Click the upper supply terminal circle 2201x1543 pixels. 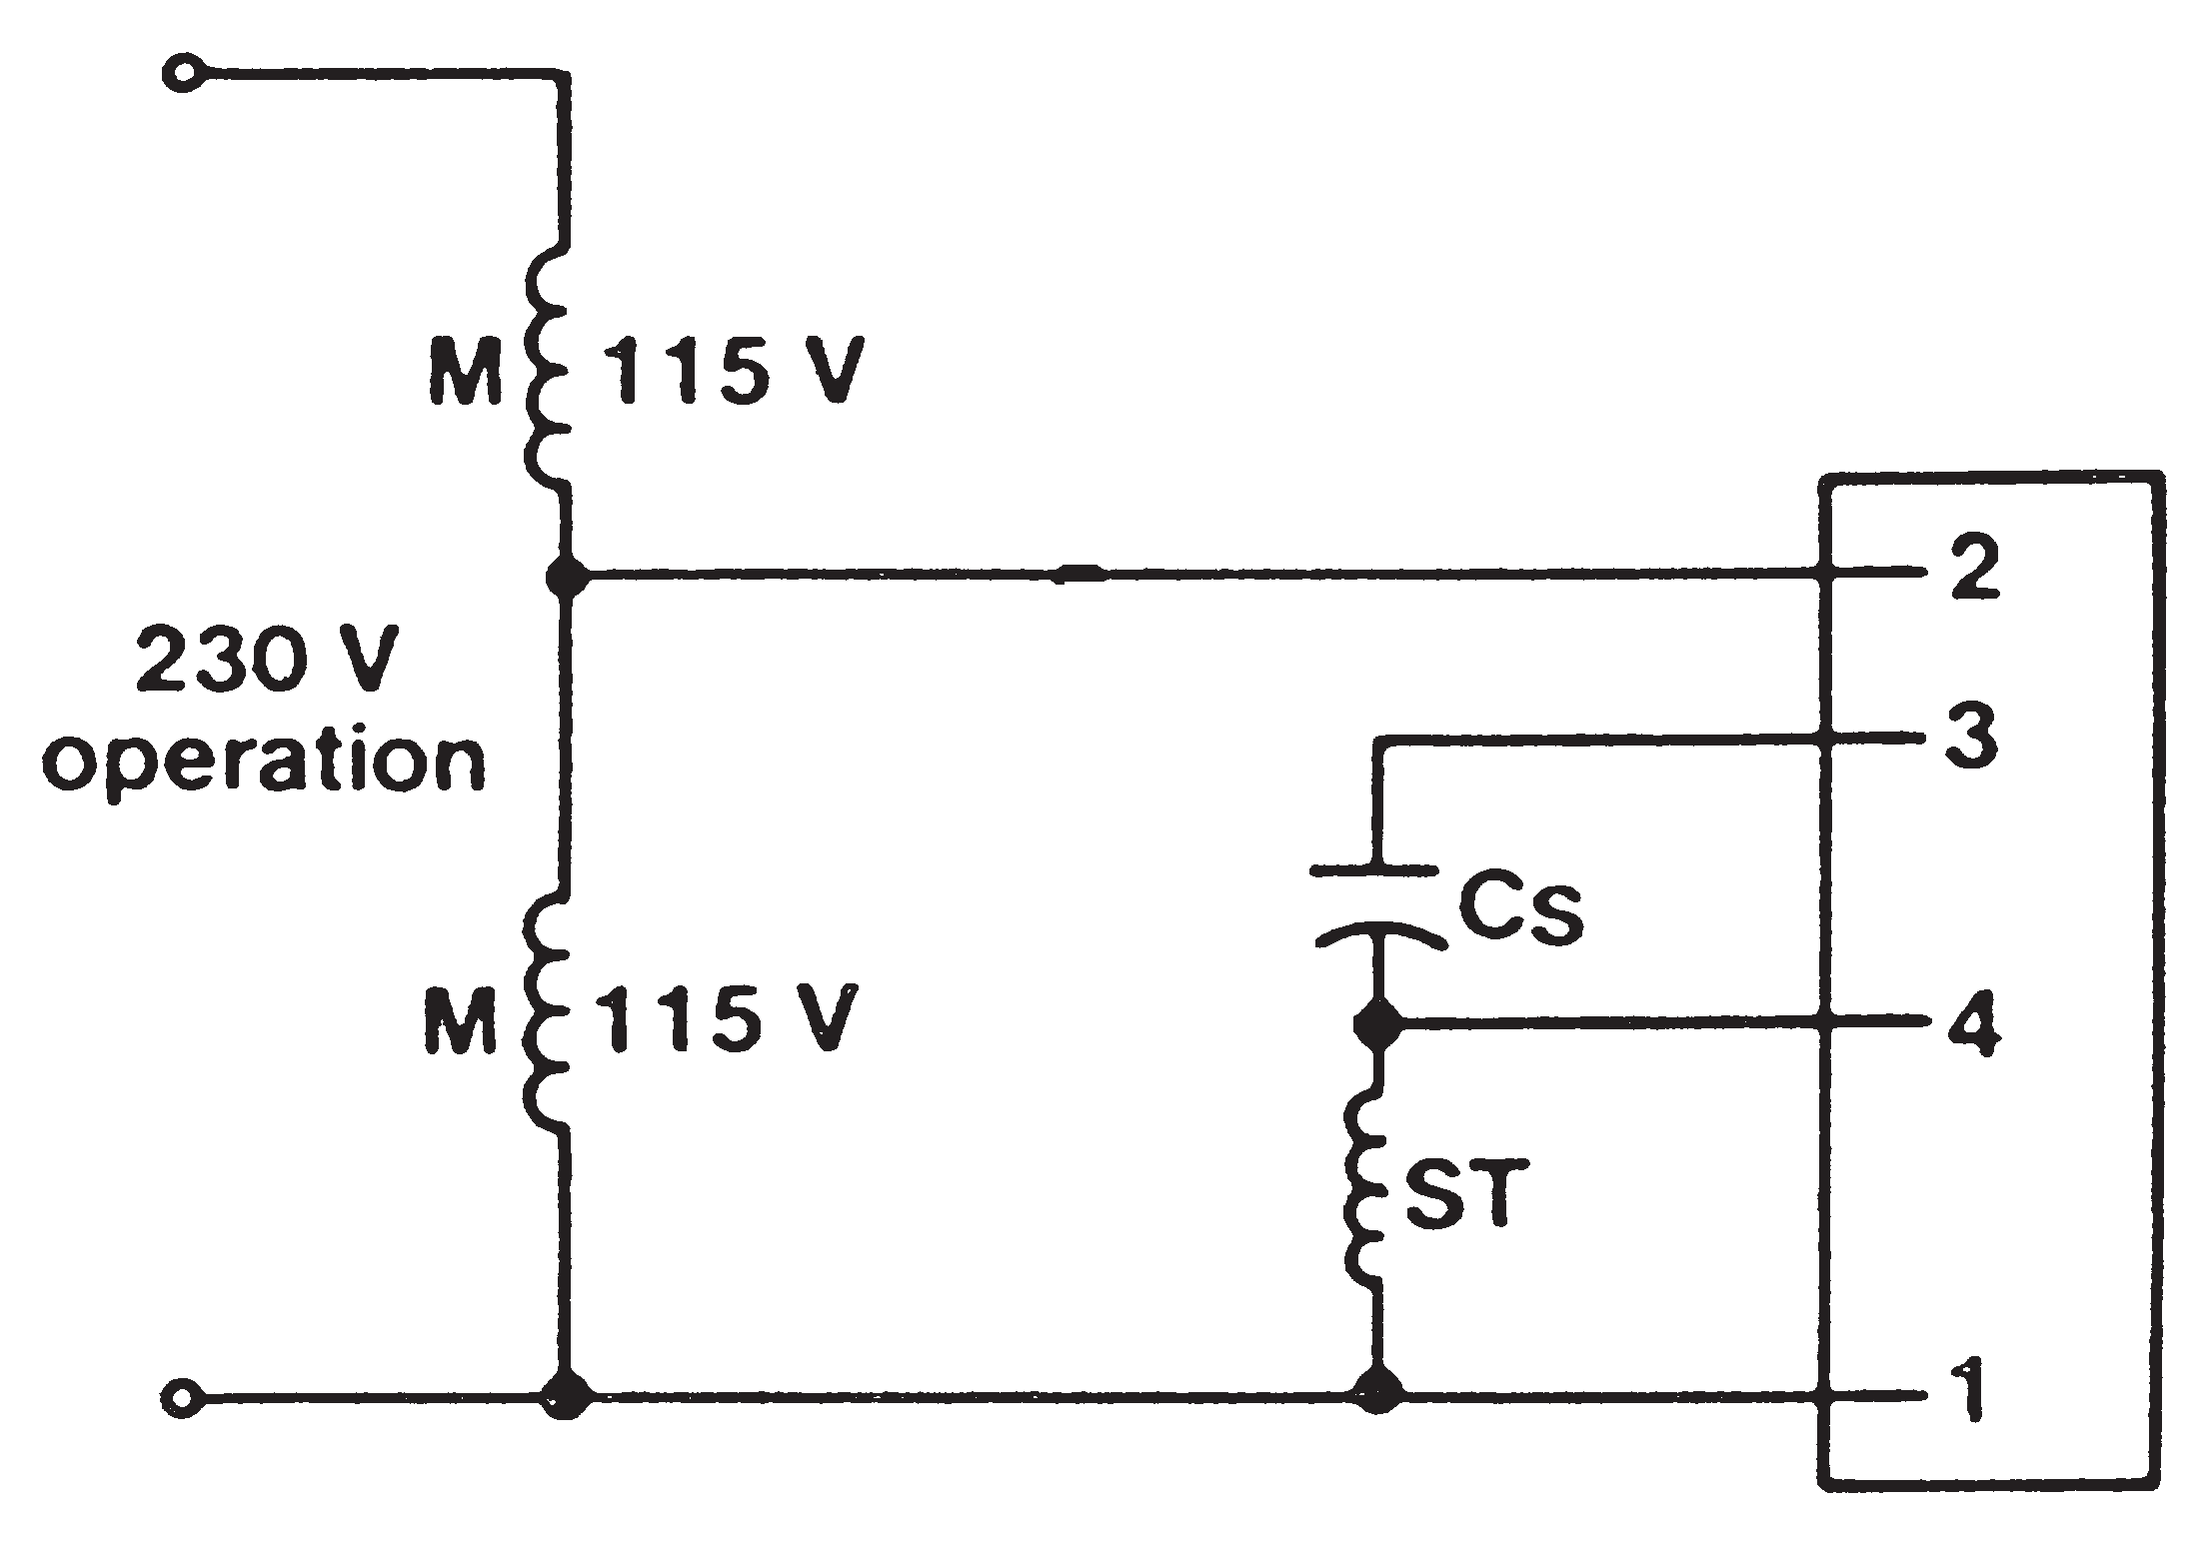click(183, 75)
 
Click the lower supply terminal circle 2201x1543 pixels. click(183, 1395)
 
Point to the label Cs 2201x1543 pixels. click(1519, 909)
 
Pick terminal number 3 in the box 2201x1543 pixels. click(1972, 738)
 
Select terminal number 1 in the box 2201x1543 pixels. click(1969, 1392)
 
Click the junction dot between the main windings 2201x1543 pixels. click(568, 575)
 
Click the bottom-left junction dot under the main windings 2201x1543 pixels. click(567, 1393)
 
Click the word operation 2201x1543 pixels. click(265, 762)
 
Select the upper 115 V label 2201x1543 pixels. click(735, 371)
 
